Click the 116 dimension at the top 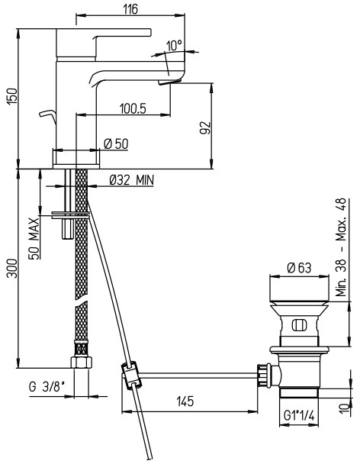(130, 9)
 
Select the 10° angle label (174, 46)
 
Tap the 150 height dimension (12, 97)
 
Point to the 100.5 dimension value (133, 109)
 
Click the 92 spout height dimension (205, 127)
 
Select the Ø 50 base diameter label (117, 144)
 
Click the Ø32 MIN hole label (131, 179)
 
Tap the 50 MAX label (34, 238)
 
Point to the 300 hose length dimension (12, 268)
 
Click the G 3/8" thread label (47, 387)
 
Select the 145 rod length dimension (185, 401)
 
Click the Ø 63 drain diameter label (299, 268)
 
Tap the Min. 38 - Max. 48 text (342, 247)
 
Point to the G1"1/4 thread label (299, 416)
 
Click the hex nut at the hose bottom (82, 363)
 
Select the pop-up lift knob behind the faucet (47, 115)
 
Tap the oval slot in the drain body (299, 326)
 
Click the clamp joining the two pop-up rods (131, 376)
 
